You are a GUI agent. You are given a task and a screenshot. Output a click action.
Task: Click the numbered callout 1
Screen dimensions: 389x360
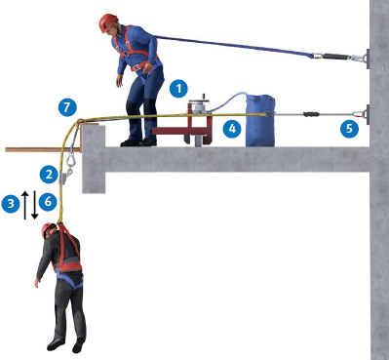click(178, 89)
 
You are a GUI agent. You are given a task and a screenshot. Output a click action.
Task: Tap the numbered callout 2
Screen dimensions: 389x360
click(49, 175)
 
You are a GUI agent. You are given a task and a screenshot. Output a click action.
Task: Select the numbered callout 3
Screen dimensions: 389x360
click(11, 204)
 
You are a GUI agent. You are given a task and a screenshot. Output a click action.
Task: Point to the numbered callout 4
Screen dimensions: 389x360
click(232, 129)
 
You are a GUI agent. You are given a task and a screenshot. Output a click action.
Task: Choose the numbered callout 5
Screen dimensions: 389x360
click(349, 129)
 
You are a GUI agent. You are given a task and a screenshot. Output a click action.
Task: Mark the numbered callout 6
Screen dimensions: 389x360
click(48, 202)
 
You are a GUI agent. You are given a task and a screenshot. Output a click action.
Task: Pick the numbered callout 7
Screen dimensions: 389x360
click(67, 107)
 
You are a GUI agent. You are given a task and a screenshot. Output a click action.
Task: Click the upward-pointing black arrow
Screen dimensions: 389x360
click(25, 205)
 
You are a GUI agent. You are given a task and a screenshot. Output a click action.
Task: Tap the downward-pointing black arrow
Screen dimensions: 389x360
click(35, 205)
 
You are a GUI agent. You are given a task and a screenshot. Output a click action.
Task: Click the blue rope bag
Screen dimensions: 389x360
click(260, 120)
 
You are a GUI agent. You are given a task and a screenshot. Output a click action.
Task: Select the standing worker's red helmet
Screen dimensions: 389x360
click(108, 22)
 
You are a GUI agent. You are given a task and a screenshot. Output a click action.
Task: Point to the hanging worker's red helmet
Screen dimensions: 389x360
click(48, 229)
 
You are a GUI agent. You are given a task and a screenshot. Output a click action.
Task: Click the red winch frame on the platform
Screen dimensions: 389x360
click(184, 125)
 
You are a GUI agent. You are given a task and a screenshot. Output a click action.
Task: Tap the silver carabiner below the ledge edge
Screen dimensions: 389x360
click(70, 161)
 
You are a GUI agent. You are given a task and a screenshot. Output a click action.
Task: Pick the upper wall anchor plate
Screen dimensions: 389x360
click(368, 59)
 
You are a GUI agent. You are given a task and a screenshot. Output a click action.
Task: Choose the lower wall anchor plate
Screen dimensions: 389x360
click(368, 114)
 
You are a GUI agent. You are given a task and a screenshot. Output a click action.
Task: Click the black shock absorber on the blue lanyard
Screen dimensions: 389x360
click(334, 57)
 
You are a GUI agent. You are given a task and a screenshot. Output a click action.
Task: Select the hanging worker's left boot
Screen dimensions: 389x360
click(78, 346)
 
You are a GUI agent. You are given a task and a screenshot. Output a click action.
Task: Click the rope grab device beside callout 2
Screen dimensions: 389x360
click(63, 179)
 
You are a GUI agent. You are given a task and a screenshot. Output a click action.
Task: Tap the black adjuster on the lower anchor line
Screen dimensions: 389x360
click(312, 114)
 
